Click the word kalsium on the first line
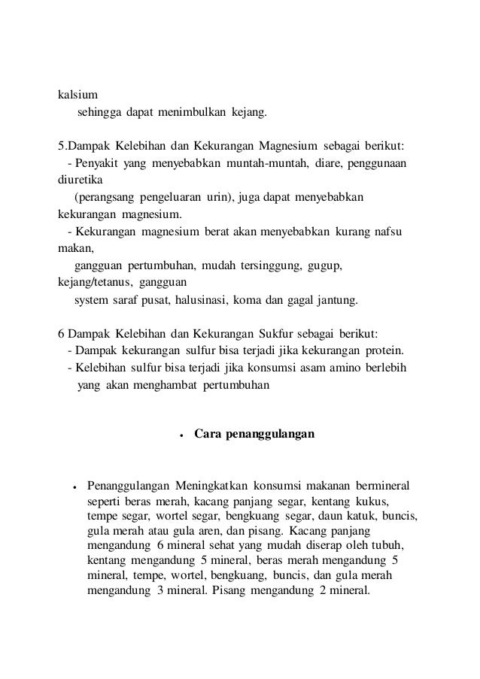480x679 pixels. tap(77, 95)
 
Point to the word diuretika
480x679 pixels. tap(81, 181)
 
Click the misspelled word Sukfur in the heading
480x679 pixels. tap(279, 334)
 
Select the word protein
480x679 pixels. tap(386, 351)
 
